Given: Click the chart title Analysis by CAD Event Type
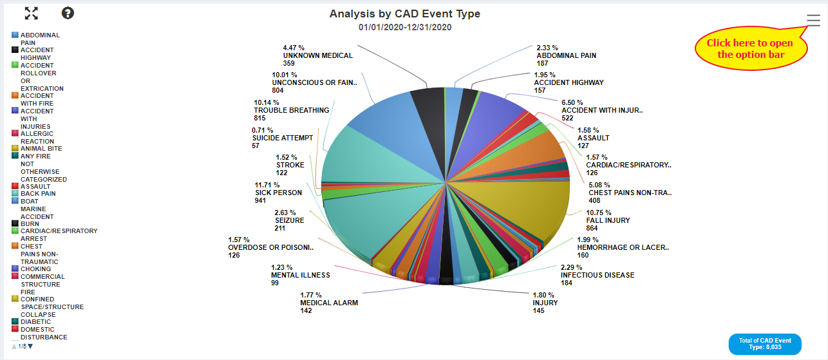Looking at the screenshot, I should click(404, 14).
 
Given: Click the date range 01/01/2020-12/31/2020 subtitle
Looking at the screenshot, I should click(404, 27).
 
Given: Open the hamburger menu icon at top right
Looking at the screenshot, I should click(813, 20).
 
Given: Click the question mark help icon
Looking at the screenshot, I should click(68, 13).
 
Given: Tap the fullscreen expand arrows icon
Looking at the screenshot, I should click(31, 13).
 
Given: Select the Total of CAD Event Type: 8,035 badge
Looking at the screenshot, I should click(764, 344).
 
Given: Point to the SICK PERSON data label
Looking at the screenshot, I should click(278, 193).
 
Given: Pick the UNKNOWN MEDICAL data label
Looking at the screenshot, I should click(317, 55).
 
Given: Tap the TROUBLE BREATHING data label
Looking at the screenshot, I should click(291, 110).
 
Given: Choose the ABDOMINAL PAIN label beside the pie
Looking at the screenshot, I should click(566, 55).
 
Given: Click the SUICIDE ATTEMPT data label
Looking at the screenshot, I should click(282, 138).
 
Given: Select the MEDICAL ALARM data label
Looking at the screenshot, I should click(328, 303).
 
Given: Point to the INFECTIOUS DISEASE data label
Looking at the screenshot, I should click(597, 275).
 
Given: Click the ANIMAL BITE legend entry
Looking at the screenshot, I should click(41, 149).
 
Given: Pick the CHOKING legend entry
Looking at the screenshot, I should click(35, 269).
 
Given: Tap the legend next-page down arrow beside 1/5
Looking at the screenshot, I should click(30, 346).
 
